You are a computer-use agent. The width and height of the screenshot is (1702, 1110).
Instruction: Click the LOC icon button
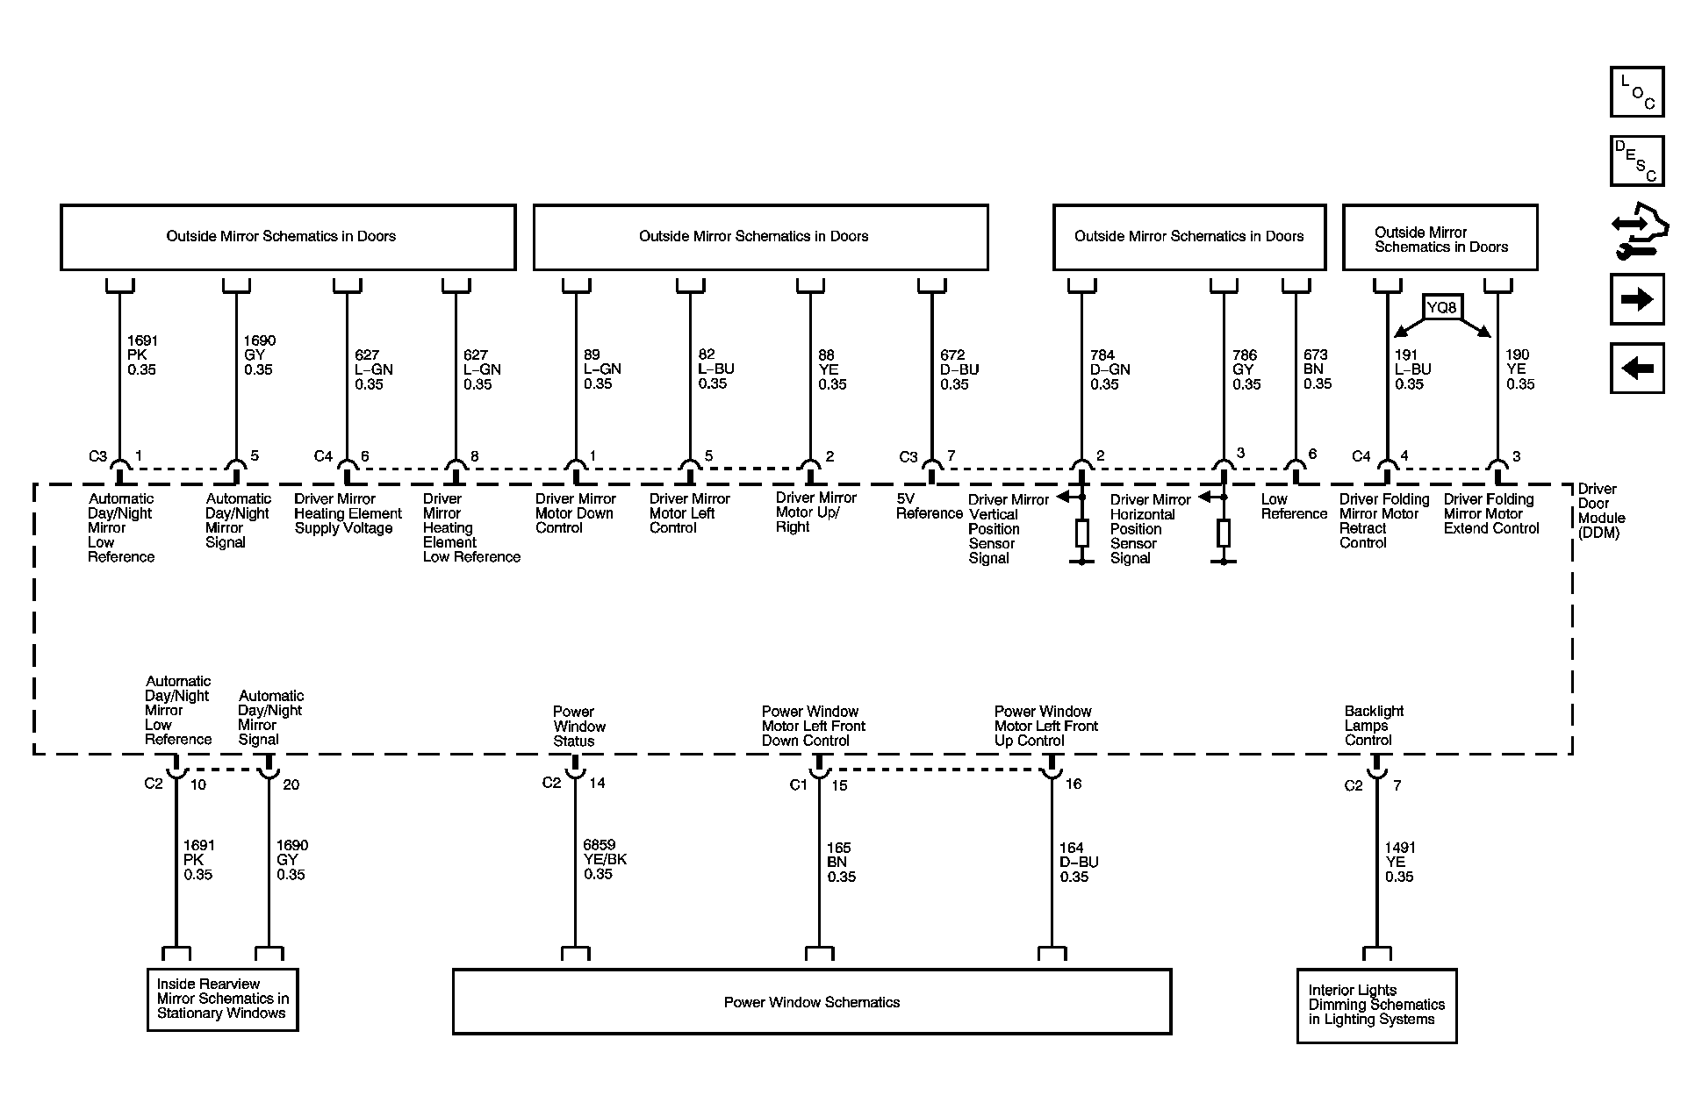point(1637,92)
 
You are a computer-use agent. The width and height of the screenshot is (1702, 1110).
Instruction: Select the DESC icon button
point(1637,161)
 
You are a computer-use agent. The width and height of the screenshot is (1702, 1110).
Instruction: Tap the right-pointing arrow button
point(1637,299)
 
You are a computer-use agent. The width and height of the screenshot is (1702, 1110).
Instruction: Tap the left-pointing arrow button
point(1637,368)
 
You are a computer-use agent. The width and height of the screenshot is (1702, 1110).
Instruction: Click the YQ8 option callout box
point(1441,308)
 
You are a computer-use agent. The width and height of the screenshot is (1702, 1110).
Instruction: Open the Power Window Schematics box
point(811,1002)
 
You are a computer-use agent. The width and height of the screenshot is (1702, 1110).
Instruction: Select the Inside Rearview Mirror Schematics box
point(222,999)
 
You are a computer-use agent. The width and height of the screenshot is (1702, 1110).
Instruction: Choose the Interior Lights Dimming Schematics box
point(1376,1006)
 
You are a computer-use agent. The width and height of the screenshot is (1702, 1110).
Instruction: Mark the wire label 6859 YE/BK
point(604,860)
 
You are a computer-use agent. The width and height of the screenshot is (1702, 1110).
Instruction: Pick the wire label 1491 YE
point(1399,862)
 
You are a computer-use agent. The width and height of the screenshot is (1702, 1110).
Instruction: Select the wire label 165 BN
point(840,862)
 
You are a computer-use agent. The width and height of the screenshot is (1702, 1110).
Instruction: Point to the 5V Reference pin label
point(929,506)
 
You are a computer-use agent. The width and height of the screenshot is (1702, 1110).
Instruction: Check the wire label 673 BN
point(1317,369)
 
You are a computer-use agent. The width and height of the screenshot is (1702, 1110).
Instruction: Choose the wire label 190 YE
point(1519,369)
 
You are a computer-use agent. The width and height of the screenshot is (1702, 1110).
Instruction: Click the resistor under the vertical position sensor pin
point(1082,533)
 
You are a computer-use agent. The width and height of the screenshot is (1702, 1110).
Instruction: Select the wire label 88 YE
point(831,369)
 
